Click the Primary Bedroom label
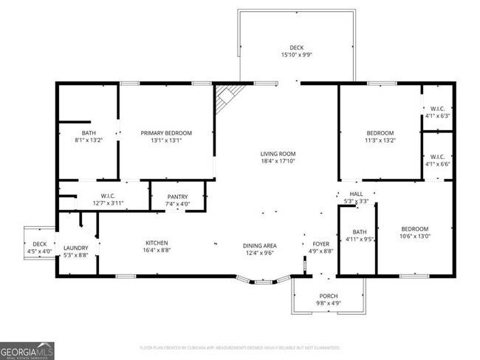coord(166,133)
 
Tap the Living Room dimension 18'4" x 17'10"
coord(277,162)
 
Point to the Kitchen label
coord(157,243)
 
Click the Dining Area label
coord(260,245)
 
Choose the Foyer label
coord(320,243)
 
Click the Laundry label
coord(76,248)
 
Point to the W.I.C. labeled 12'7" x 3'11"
coord(107,197)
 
